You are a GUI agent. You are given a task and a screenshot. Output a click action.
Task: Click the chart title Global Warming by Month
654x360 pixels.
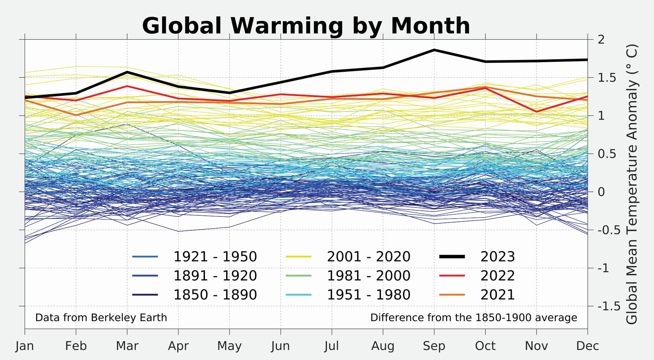(306, 26)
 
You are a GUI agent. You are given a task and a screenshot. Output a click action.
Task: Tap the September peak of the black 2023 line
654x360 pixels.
(434, 50)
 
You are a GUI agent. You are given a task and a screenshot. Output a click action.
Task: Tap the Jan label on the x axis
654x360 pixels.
(25, 346)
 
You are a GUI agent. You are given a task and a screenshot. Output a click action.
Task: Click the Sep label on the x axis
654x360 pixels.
(434, 346)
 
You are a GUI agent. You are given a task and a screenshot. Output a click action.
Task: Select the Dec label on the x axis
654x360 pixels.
(588, 346)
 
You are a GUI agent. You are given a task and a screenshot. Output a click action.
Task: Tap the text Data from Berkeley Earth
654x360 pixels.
(101, 317)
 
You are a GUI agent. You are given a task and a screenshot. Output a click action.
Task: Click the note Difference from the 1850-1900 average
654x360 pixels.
(474, 317)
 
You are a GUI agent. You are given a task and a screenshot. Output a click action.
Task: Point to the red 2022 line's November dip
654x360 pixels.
(536, 112)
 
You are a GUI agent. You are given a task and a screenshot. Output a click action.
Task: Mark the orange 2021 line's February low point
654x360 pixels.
(76, 115)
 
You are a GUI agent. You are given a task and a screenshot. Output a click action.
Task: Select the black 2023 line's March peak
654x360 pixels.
(127, 72)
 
